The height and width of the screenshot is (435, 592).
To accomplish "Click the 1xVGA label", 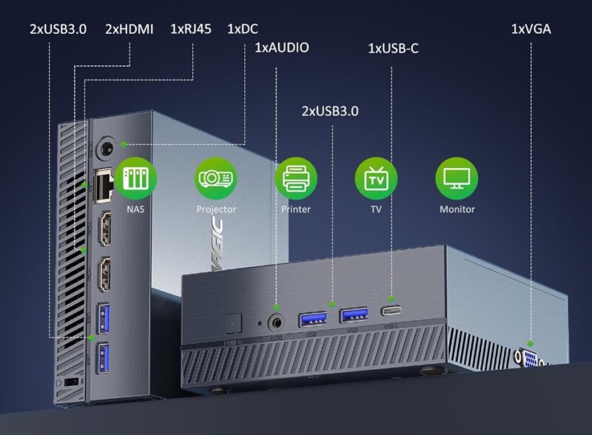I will tap(531, 29).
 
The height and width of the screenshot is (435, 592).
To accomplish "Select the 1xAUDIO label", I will tap(282, 48).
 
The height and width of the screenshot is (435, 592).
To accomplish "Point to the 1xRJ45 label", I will tap(192, 29).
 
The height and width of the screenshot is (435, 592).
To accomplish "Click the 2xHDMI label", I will tap(129, 29).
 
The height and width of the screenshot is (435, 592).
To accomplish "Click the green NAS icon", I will tap(135, 178).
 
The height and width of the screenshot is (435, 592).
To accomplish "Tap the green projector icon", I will tap(216, 178).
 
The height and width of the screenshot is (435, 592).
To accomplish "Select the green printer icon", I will tap(296, 178).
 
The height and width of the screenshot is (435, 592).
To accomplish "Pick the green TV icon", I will tap(376, 178).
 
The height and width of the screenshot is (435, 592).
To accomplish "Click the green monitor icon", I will tap(457, 178).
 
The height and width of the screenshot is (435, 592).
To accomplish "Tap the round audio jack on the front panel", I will tap(277, 322).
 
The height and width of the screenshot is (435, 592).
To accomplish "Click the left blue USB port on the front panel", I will tap(310, 319).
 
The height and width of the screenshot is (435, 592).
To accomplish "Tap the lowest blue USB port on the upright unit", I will tap(102, 358).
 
